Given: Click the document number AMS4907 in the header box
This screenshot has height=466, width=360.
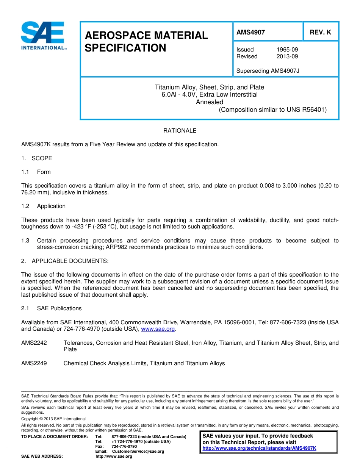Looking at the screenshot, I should point(250,32).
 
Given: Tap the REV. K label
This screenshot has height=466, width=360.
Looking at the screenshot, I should point(320,32).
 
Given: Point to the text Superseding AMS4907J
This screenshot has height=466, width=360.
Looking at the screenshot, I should point(268,71).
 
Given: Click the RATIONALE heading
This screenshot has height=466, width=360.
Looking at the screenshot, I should point(180,131).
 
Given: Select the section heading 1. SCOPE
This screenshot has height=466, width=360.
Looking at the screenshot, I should point(37,158).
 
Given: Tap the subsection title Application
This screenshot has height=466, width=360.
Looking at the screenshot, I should point(51,206).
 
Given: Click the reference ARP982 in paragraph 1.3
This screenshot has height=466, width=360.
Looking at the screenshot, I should point(116,247).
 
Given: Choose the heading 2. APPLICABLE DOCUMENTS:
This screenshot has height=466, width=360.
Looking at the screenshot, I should point(65,261).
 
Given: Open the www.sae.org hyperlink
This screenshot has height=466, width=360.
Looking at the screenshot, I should point(158,329).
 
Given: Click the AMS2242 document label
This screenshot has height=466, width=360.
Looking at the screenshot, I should point(34,343).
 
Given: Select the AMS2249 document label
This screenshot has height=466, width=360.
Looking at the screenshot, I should point(34,363).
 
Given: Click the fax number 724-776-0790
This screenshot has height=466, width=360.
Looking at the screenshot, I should point(124,447).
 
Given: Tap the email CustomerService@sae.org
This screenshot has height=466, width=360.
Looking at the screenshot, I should point(138,452).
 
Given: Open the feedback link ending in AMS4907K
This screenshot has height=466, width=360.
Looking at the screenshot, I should point(259,448).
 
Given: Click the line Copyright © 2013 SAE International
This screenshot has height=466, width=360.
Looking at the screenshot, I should point(53,419).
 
